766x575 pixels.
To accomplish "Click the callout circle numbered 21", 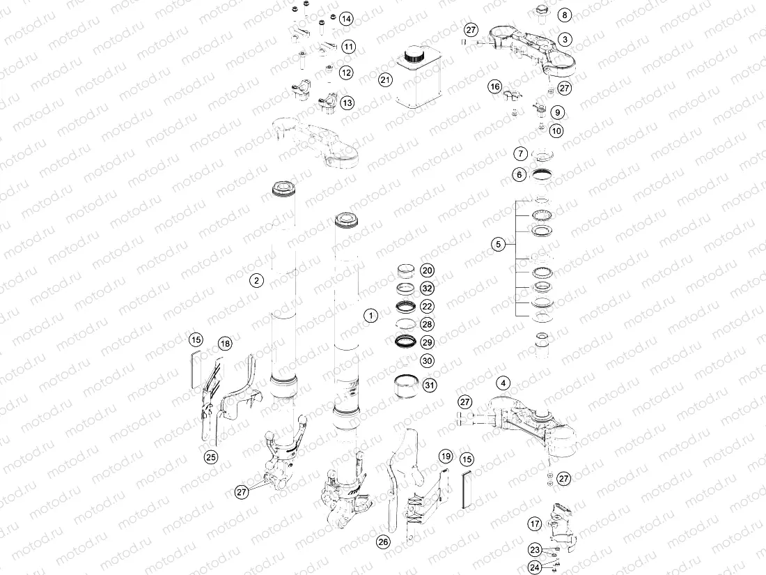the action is pyautogui.click(x=386, y=79).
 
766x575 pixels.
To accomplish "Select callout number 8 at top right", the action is pyautogui.click(x=565, y=15).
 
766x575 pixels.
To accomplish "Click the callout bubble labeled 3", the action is pyautogui.click(x=565, y=39).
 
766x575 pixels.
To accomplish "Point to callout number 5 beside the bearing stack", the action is pyautogui.click(x=499, y=243).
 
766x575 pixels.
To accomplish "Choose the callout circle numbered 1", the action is pyautogui.click(x=370, y=315).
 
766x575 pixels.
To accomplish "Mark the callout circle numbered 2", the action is pyautogui.click(x=256, y=280).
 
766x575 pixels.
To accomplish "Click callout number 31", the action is pyautogui.click(x=429, y=385).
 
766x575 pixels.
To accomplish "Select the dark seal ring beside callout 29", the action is pyautogui.click(x=407, y=342).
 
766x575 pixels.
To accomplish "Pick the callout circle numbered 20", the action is pyautogui.click(x=428, y=270).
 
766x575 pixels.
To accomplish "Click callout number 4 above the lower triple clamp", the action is pyautogui.click(x=503, y=383).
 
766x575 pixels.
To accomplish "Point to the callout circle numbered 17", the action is pyautogui.click(x=535, y=524).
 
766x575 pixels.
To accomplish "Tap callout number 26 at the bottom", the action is pyautogui.click(x=384, y=542).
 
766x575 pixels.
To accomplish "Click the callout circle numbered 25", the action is pyautogui.click(x=210, y=457).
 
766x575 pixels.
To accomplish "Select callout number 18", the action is pyautogui.click(x=225, y=344).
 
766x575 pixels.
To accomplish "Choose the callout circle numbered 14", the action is pyautogui.click(x=346, y=19).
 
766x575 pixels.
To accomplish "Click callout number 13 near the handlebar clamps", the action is pyautogui.click(x=347, y=102).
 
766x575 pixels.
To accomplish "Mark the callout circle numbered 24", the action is pyautogui.click(x=535, y=567).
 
